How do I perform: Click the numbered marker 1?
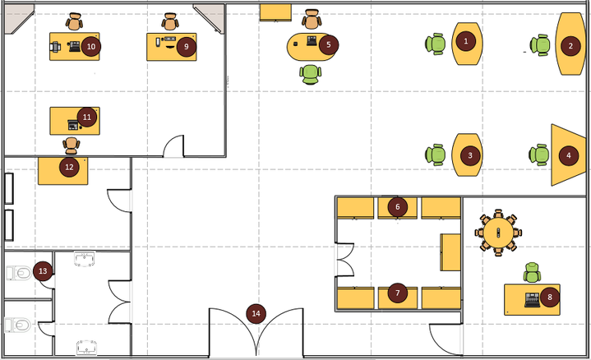pyautogui.click(x=466, y=41)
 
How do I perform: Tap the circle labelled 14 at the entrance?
pyautogui.click(x=256, y=314)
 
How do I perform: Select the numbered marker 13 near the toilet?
pyautogui.click(x=43, y=271)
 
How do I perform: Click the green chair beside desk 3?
pyautogui.click(x=436, y=155)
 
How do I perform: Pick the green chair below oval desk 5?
pyautogui.click(x=311, y=74)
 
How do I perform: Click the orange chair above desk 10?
pyautogui.click(x=74, y=21)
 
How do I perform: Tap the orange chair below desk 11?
pyautogui.click(x=72, y=145)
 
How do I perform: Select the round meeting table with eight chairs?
pyautogui.click(x=498, y=233)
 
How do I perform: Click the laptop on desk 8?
pyautogui.click(x=532, y=299)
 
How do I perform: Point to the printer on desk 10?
pyautogui.click(x=55, y=47)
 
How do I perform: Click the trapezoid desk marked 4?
pyautogui.click(x=568, y=155)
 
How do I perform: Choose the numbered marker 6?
pyautogui.click(x=397, y=206)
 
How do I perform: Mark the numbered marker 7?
pyautogui.click(x=398, y=293)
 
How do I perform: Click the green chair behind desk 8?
pyautogui.click(x=532, y=272)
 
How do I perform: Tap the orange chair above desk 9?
pyautogui.click(x=170, y=21)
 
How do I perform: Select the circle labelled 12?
pyautogui.click(x=69, y=167)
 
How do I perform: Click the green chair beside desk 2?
pyautogui.click(x=540, y=45)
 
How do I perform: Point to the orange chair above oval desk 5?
pyautogui.click(x=312, y=19)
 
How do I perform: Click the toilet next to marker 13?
pyautogui.click(x=18, y=273)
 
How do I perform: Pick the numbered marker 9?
pyautogui.click(x=187, y=47)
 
